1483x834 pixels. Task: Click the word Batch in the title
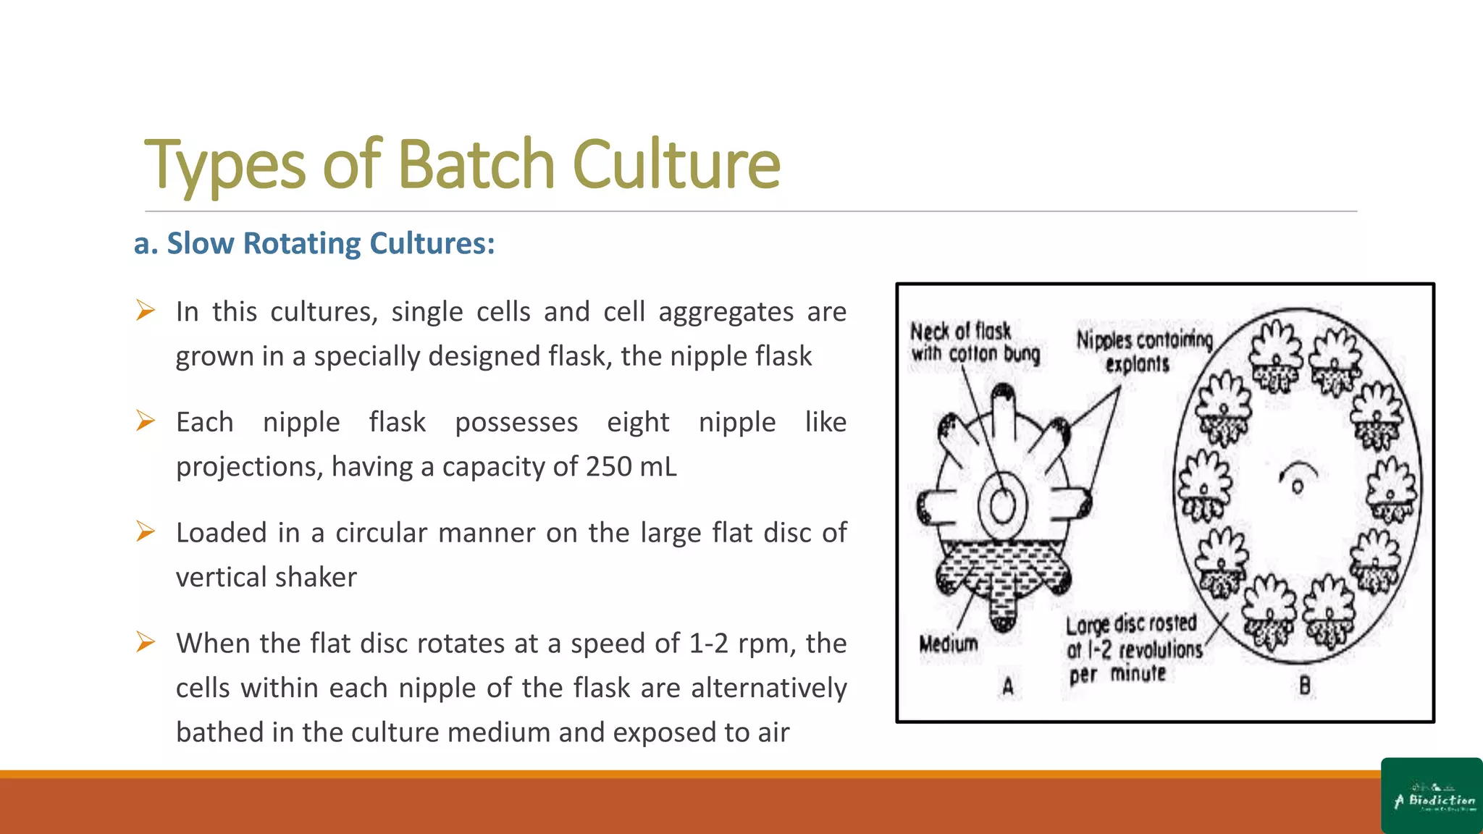point(476,164)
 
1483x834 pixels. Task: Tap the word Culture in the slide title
point(676,164)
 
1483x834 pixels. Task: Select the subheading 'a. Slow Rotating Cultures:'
point(314,244)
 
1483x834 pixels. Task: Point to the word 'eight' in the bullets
point(638,422)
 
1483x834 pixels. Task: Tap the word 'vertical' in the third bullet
point(221,578)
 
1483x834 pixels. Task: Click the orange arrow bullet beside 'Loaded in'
point(146,532)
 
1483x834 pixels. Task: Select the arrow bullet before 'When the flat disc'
point(146,642)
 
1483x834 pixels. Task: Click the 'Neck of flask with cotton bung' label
point(974,342)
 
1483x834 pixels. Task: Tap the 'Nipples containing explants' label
point(1143,351)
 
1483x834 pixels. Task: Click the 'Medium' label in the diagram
point(948,644)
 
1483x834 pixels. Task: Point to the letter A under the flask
point(1007,686)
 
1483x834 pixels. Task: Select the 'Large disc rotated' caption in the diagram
point(1133,649)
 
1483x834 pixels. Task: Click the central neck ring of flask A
point(1003,505)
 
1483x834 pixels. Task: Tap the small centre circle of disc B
point(1297,486)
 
